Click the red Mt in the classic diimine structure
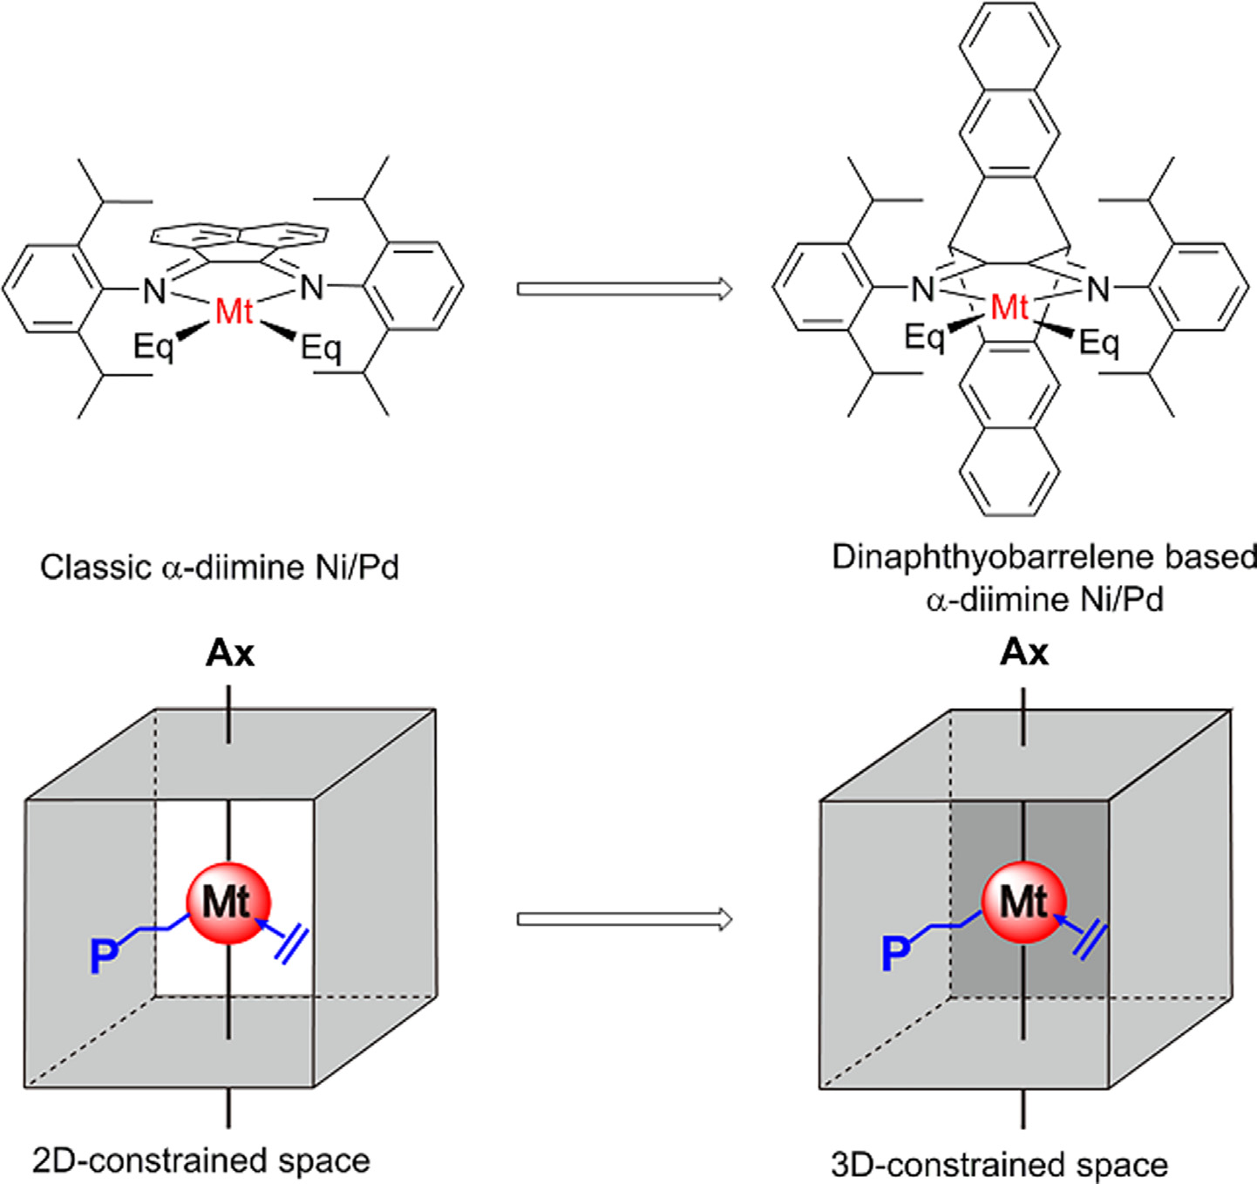coord(234,310)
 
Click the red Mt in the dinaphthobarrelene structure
coord(1009,307)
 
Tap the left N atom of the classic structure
coord(154,290)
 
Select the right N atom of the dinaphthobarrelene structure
coord(1098,289)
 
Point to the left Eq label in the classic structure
coord(154,346)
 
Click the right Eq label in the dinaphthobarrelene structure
coord(1099,343)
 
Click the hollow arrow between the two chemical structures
coord(624,289)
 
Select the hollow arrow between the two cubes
coord(624,919)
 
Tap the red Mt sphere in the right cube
coord(1024,903)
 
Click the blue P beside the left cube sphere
coord(105,956)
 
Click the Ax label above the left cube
coord(230,653)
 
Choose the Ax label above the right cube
coord(1024,652)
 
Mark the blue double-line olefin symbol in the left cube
coord(291,945)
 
